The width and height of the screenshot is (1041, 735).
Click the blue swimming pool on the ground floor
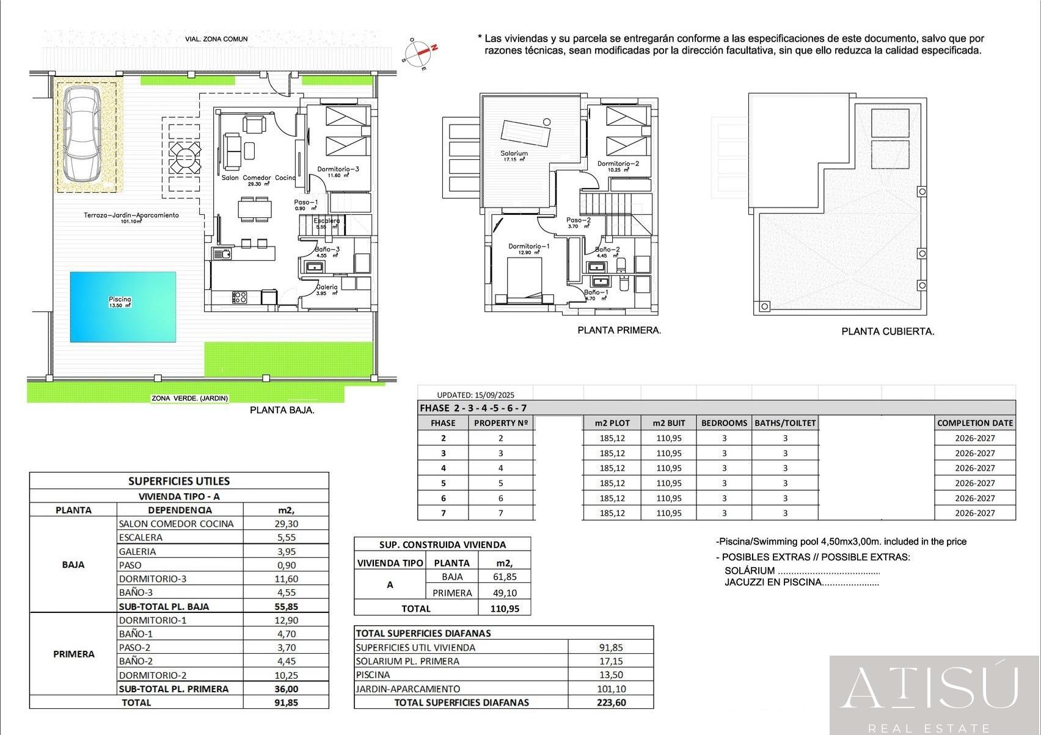pos(123,307)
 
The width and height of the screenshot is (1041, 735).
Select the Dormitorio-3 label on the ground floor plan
pos(338,169)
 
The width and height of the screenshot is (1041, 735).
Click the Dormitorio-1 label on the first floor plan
pos(529,247)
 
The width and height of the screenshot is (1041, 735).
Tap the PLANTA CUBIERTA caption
pos(888,331)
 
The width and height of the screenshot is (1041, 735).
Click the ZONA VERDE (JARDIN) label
pos(190,399)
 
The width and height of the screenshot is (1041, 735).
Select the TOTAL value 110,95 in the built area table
pos(504,609)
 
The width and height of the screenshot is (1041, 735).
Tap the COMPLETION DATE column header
pos(974,422)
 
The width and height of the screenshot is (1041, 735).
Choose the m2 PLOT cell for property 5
pos(612,483)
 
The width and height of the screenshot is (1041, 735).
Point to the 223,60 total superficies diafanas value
pos(610,702)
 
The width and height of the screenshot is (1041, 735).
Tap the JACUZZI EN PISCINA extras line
pos(801,582)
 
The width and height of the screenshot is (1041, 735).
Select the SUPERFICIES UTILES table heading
pos(179,481)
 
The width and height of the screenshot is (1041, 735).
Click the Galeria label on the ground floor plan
pos(327,287)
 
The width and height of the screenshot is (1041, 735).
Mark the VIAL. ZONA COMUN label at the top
pos(216,39)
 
